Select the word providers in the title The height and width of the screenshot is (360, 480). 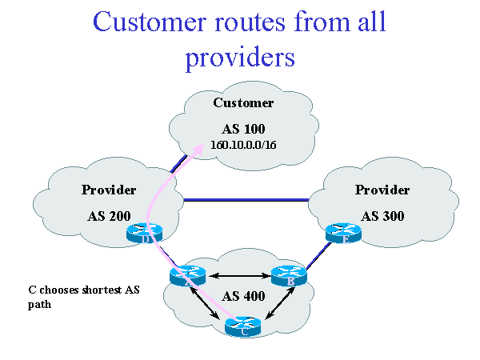[x=239, y=58]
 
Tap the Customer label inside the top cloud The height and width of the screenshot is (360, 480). [x=242, y=102]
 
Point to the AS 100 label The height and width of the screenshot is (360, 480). [x=242, y=129]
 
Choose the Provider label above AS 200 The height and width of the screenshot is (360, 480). [x=108, y=190]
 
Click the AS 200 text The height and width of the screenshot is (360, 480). [x=108, y=216]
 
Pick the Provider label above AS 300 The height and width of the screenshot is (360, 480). [x=382, y=190]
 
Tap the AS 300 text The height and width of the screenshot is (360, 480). [x=382, y=216]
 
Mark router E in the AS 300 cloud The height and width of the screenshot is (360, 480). [x=345, y=234]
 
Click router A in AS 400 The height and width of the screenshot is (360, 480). [x=189, y=277]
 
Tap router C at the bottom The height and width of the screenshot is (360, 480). [x=245, y=326]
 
